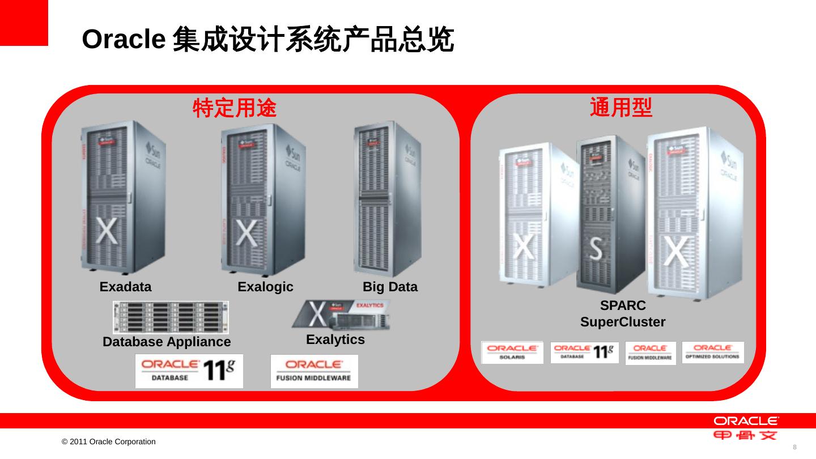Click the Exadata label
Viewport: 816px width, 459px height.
pos(125,287)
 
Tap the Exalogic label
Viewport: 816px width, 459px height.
pos(265,287)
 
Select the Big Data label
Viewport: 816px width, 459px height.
pos(390,287)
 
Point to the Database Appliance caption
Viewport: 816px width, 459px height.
pos(167,342)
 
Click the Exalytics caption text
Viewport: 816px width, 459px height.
pos(335,339)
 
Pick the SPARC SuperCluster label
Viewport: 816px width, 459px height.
pos(623,314)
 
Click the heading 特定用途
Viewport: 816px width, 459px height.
pos(235,108)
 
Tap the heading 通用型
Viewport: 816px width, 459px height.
pos(621,107)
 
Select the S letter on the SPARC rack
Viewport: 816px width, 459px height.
pos(596,248)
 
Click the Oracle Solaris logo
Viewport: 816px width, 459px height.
pos(512,352)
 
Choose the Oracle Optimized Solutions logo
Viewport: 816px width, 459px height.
pos(712,352)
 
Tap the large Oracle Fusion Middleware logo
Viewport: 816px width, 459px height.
pos(314,371)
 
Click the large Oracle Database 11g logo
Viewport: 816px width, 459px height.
pos(189,371)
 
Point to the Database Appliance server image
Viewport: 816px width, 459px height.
pos(171,317)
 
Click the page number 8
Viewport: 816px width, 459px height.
pos(794,447)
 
